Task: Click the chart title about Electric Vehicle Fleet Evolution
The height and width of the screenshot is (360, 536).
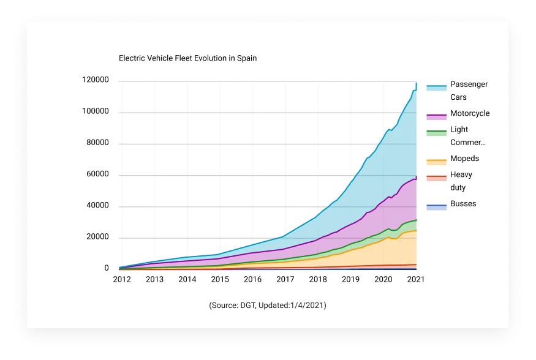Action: click(187, 58)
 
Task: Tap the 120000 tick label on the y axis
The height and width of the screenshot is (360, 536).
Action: click(96, 80)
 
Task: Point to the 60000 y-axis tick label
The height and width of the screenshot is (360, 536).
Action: click(97, 174)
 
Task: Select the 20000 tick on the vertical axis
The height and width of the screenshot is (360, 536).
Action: click(97, 237)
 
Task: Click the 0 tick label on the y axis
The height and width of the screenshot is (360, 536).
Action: click(107, 268)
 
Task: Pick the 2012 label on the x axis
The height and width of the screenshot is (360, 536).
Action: click(121, 279)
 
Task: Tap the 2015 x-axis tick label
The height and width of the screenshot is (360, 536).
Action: click(220, 279)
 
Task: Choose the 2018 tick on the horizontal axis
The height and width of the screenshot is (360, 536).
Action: click(317, 279)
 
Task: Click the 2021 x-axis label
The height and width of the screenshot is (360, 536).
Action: click(415, 279)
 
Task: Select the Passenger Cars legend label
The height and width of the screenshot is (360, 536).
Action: click(469, 91)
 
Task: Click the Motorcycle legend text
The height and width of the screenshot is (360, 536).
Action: click(470, 113)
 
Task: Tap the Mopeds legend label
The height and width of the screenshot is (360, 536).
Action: click(464, 159)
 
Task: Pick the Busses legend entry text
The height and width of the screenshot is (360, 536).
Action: click(463, 204)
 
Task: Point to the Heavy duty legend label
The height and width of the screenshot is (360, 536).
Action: click(461, 181)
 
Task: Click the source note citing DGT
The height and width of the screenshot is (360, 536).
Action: click(268, 305)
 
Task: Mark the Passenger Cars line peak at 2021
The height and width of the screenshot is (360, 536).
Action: click(417, 83)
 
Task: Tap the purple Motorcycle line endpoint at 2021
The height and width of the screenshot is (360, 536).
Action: click(417, 177)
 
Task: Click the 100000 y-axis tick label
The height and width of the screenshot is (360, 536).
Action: click(96, 112)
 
